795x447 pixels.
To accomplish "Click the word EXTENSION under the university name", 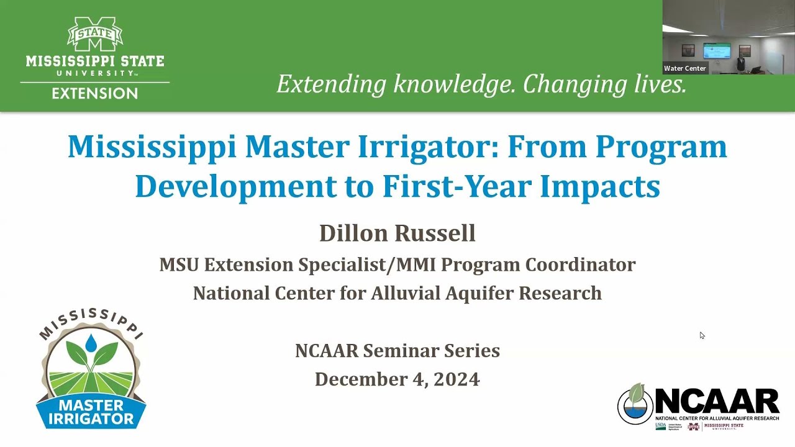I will tap(94, 94).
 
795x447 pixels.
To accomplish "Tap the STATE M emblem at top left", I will tap(95, 35).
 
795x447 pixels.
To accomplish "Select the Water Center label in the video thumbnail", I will tap(684, 68).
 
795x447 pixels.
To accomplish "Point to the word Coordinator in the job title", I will tap(580, 264).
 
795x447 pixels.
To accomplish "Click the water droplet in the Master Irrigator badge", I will tap(91, 342).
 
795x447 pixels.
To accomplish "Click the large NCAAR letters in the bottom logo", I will tap(717, 402).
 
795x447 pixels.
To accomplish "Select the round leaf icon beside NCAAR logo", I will tap(635, 404).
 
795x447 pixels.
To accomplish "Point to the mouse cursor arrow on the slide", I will tap(702, 335).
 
